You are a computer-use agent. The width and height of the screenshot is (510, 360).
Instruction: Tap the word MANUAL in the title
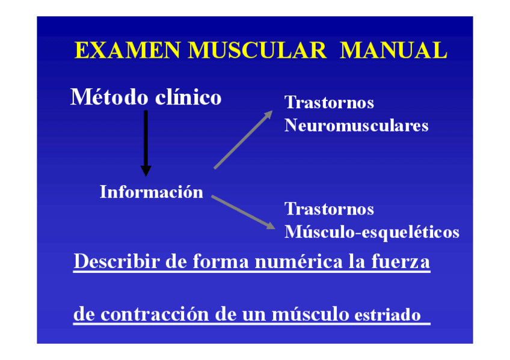pos(393,50)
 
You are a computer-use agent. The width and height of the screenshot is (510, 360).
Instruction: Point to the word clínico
pos(188,97)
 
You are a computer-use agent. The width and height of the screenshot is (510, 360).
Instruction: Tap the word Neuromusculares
pos(356,126)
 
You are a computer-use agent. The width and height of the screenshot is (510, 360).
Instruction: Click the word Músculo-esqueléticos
pos(372,232)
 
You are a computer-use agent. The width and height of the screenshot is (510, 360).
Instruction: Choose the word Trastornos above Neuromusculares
pos(329,103)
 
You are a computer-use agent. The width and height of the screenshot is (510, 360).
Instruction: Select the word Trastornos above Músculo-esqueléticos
pos(329,209)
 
